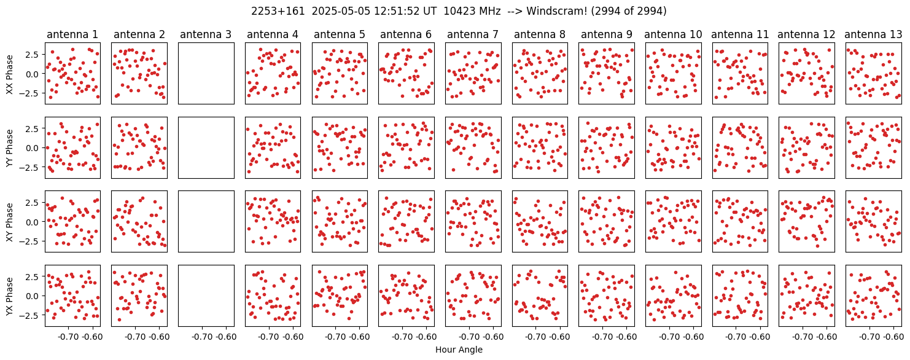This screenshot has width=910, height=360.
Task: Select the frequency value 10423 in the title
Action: tap(458, 11)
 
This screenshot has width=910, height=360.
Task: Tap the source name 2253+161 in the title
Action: tap(278, 11)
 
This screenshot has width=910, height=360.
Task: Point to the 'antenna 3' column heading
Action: tap(206, 34)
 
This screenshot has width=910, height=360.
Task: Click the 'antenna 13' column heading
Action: tap(873, 34)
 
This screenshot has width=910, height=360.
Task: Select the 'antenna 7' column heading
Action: tap(473, 34)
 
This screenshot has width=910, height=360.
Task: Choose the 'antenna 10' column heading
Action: tap(673, 34)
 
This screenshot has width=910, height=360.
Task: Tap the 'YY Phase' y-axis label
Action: tap(10, 148)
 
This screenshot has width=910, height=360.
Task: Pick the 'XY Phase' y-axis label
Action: tap(10, 222)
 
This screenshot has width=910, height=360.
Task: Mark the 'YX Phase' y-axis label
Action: tap(10, 296)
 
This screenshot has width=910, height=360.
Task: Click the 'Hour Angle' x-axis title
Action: tap(459, 350)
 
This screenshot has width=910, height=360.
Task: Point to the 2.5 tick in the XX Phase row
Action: tap(35, 54)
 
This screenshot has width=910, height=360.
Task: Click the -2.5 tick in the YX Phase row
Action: tap(32, 315)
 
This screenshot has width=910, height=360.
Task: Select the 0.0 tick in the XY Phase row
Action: tap(35, 222)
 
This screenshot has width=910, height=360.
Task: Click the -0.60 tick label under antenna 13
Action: tap(894, 337)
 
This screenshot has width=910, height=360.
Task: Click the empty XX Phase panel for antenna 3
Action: tap(206, 74)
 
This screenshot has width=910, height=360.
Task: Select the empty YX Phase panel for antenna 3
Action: tap(206, 295)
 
